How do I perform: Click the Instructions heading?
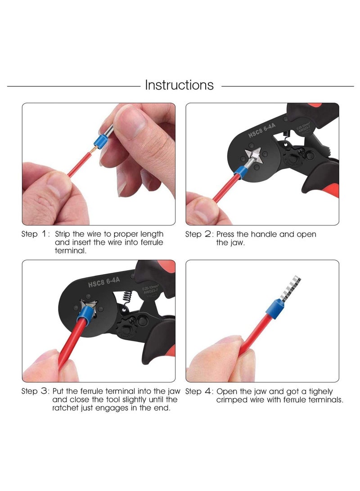179,85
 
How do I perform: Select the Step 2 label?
198,234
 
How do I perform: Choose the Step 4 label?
198,392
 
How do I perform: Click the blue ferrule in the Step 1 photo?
99,137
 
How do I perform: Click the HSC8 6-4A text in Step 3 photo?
104,281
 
